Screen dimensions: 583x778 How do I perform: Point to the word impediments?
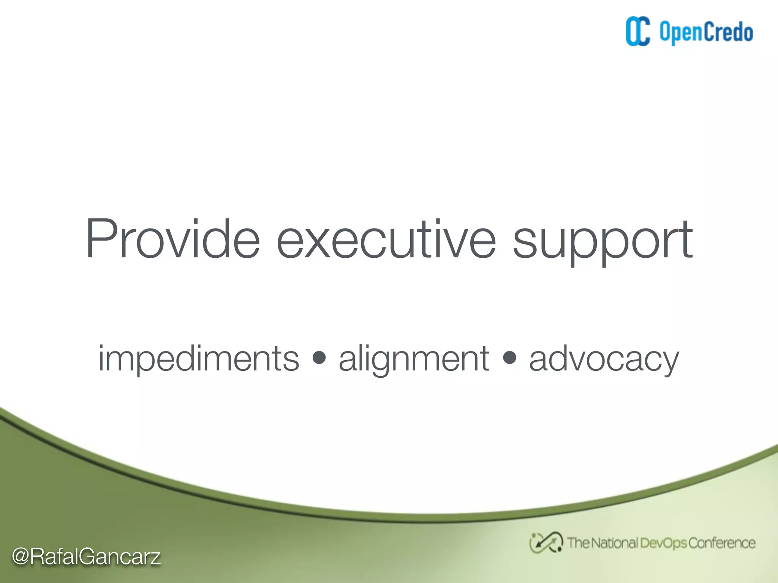click(x=199, y=359)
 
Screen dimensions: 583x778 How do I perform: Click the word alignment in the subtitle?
click(x=414, y=359)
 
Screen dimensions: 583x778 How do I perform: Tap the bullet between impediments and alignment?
click(x=319, y=358)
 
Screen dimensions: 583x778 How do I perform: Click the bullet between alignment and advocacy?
click(x=509, y=358)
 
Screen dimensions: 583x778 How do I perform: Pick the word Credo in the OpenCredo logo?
click(x=729, y=32)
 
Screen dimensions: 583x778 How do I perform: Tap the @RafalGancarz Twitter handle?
click(x=86, y=556)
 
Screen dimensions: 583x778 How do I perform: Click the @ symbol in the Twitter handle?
click(x=21, y=557)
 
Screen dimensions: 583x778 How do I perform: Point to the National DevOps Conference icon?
click(x=546, y=542)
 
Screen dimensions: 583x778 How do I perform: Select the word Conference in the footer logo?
click(x=722, y=543)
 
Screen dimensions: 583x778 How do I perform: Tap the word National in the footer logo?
click(x=614, y=543)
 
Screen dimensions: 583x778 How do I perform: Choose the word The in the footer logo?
click(x=578, y=543)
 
